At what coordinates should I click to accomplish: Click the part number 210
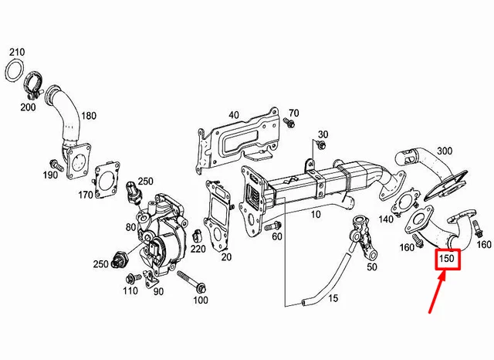[17, 52]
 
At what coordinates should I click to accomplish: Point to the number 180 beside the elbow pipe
[89, 116]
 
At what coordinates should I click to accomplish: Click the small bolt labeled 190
[56, 165]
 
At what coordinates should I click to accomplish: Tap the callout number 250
[101, 265]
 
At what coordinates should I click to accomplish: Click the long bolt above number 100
[191, 279]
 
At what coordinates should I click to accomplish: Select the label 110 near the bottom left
[130, 290]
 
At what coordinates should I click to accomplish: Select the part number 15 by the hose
[333, 298]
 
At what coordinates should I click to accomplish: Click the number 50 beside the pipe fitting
[372, 267]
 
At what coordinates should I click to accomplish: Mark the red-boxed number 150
[446, 260]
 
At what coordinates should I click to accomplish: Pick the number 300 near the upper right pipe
[445, 150]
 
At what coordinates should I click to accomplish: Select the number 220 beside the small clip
[198, 249]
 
